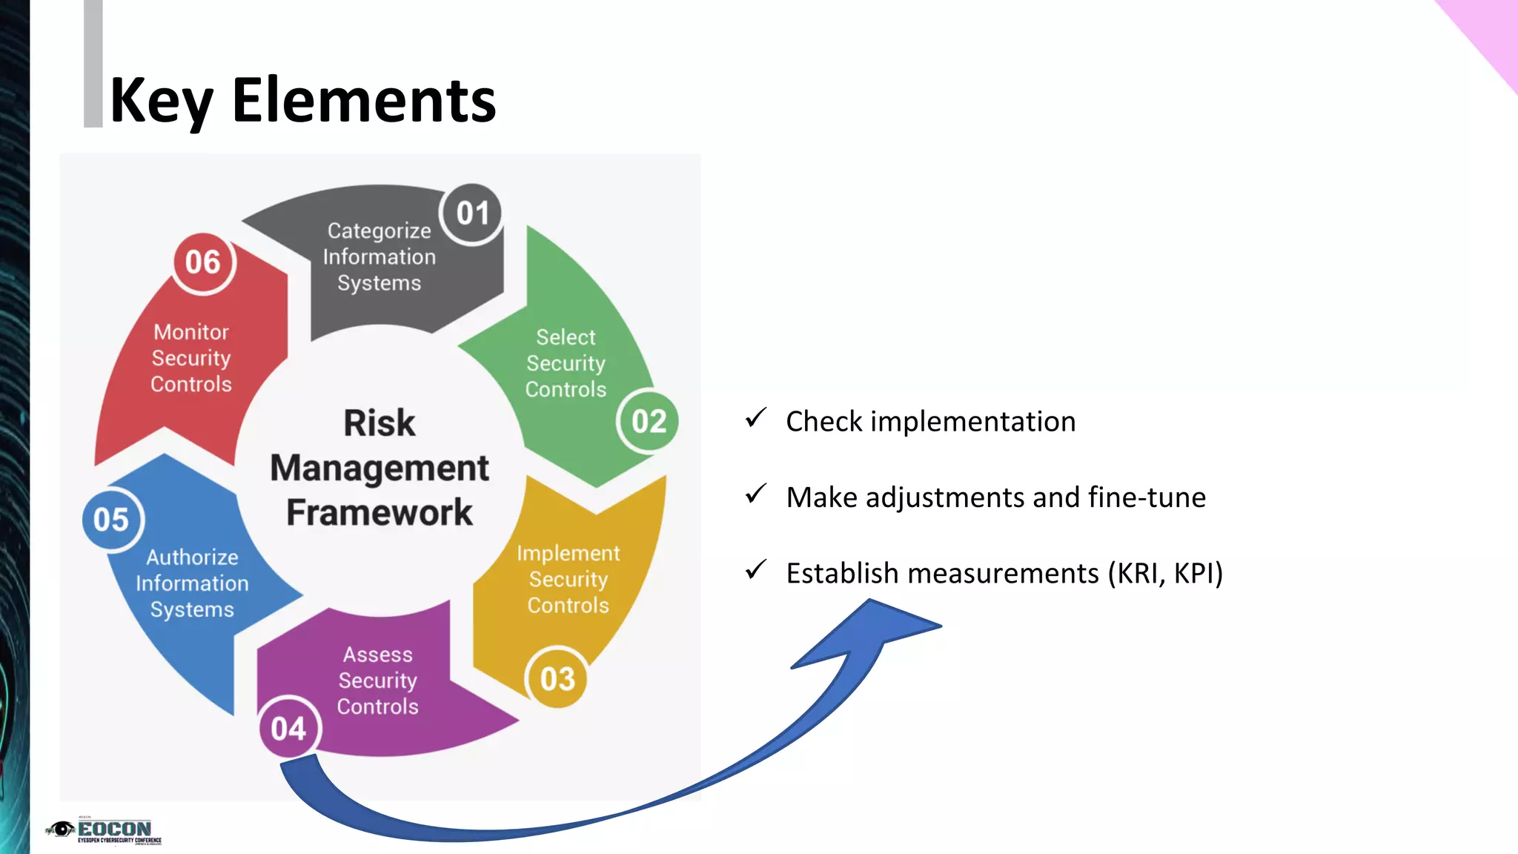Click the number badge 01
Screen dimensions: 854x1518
point(472,213)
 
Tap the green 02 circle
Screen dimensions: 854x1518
point(649,421)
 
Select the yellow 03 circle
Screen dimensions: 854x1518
point(557,678)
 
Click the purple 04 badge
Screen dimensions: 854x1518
point(289,729)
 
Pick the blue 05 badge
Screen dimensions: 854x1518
point(112,520)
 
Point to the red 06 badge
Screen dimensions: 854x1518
point(203,262)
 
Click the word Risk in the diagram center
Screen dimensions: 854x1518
point(379,423)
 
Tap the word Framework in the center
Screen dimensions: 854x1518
point(379,512)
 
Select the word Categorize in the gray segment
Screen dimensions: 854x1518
point(379,231)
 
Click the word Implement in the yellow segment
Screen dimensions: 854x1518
point(568,553)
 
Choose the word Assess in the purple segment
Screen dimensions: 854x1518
point(377,655)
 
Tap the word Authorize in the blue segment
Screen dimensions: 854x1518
point(192,557)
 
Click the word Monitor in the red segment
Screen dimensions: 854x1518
point(191,332)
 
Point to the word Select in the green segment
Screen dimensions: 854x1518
point(566,337)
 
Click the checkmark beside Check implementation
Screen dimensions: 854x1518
point(755,418)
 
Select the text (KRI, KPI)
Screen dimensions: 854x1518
point(1165,573)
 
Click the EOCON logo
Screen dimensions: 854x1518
point(104,831)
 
